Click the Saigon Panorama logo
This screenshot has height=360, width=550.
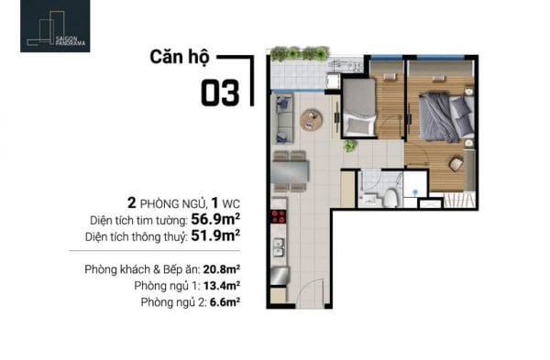click(x=55, y=26)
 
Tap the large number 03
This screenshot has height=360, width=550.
click(x=220, y=93)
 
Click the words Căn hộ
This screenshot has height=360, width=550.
click(x=180, y=57)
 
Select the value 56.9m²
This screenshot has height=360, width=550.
click(x=215, y=219)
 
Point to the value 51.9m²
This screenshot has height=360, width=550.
click(x=215, y=235)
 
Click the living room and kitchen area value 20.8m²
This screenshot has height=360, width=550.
click(x=222, y=269)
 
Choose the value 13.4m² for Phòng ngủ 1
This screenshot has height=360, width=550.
click(x=222, y=286)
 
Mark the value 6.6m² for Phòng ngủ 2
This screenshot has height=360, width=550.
click(x=225, y=301)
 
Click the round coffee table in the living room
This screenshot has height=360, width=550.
click(x=311, y=120)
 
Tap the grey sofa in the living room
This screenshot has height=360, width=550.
click(x=283, y=118)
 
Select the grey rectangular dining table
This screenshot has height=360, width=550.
click(x=290, y=171)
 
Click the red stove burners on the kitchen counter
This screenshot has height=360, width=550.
click(x=279, y=216)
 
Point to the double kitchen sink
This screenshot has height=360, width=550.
click(x=279, y=247)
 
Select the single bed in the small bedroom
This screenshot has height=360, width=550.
click(x=358, y=108)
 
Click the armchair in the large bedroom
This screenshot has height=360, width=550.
click(x=456, y=164)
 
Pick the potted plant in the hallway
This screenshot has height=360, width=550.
click(x=350, y=145)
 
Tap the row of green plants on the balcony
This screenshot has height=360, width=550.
click(x=300, y=54)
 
